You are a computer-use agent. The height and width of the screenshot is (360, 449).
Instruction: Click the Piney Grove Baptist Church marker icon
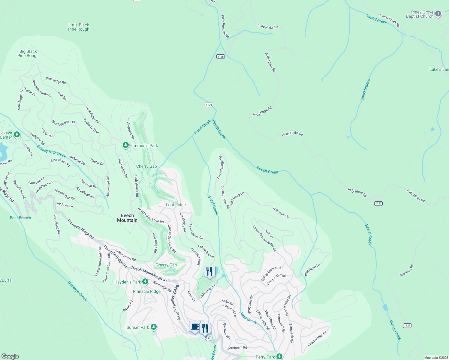pyautogui.click(x=438, y=14)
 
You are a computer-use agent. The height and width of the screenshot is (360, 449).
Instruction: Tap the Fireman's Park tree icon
pyautogui.click(x=125, y=145)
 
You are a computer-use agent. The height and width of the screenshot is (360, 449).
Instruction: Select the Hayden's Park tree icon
pyautogui.click(x=145, y=282)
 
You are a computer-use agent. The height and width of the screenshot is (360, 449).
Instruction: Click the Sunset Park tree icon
pyautogui.click(x=154, y=327)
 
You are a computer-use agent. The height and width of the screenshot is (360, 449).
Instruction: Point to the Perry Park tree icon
pyautogui.click(x=279, y=356)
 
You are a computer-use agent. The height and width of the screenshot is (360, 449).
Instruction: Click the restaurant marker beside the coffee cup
pyautogui.click(x=205, y=328)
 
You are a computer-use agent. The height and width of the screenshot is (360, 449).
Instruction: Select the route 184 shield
pyautogui.click(x=208, y=338)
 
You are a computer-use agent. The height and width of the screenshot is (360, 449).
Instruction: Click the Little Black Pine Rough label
pyautogui.click(x=79, y=27)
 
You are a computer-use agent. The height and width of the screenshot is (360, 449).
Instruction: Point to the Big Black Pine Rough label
pyautogui.click(x=28, y=53)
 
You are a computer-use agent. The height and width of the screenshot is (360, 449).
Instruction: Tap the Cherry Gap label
pyautogui.click(x=146, y=166)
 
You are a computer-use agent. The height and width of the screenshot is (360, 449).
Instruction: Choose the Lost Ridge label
pyautogui.click(x=176, y=205)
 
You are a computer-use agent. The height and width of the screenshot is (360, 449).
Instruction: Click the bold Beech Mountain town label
pyautogui.click(x=127, y=218)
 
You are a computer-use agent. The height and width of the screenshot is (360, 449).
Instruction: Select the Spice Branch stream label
pyautogui.click(x=366, y=89)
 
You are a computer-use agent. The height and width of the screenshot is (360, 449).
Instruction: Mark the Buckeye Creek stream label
pyautogui.click(x=77, y=291)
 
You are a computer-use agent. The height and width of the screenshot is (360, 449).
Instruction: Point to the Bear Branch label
pyautogui.click(x=20, y=218)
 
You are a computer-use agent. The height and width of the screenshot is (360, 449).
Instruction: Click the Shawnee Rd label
pyautogui.click(x=407, y=271)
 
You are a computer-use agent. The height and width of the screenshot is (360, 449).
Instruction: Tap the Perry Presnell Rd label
pyautogui.click(x=225, y=26)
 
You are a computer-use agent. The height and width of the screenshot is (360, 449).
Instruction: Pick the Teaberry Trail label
pyautogui.click(x=91, y=126)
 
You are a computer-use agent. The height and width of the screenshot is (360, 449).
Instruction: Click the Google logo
pyautogui.click(x=10, y=356)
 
